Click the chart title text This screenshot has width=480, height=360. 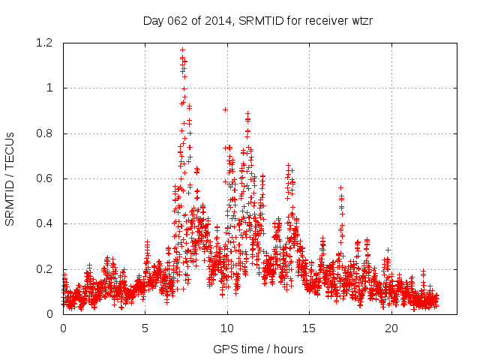tap(258, 20)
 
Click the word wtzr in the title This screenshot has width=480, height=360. tap(361, 20)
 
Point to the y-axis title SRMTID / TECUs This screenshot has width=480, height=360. tap(10, 178)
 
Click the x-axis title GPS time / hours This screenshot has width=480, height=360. tap(257, 349)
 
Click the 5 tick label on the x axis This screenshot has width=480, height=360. tap(145, 328)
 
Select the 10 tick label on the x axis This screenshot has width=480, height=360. tap(227, 328)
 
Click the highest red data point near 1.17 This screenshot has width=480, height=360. tap(182, 49)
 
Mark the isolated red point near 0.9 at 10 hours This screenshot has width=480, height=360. tap(225, 109)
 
